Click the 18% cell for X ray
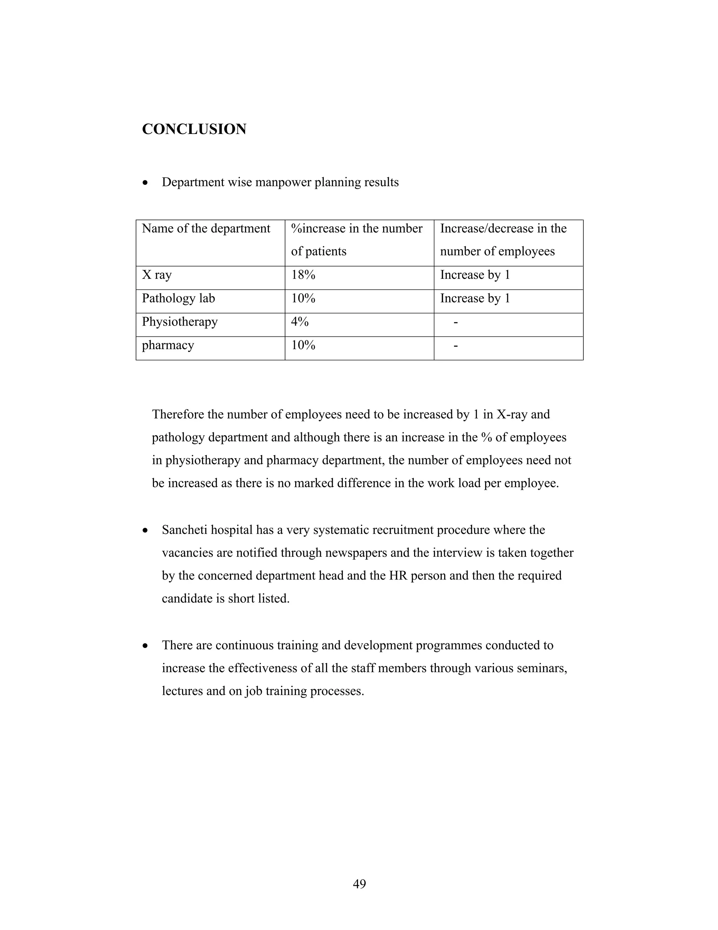click(x=303, y=275)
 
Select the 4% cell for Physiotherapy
click(x=300, y=322)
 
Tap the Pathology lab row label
click(x=178, y=299)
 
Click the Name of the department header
click(x=206, y=229)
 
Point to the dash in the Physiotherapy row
click(x=456, y=323)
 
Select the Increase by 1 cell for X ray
click(x=475, y=275)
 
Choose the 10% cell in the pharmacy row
click(x=303, y=345)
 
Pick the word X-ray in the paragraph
click(x=512, y=414)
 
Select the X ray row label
click(x=157, y=275)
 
